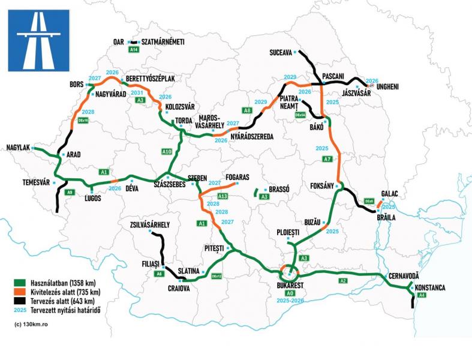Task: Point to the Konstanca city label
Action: (x=429, y=288)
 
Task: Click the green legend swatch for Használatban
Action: (x=20, y=281)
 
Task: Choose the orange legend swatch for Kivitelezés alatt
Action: (x=20, y=292)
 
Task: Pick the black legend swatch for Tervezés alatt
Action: (x=20, y=301)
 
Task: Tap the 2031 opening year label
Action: (x=137, y=93)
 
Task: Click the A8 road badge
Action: (x=246, y=110)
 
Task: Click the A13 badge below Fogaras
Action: (x=223, y=197)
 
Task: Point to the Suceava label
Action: (x=281, y=53)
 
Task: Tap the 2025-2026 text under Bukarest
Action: (x=290, y=298)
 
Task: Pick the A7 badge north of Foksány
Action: (x=327, y=159)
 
